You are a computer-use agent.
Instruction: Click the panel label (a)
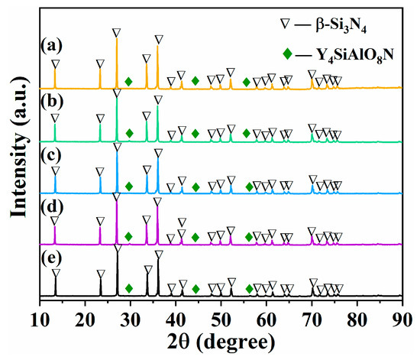point(50,44)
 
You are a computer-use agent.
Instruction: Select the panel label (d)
point(50,205)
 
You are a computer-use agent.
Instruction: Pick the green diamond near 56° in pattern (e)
point(250,289)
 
